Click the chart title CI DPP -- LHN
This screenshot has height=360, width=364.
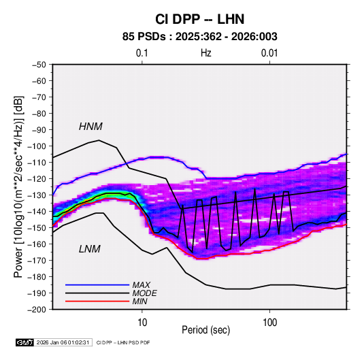tap(199, 19)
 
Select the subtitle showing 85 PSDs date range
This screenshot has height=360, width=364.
tap(199, 37)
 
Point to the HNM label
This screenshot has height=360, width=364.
tap(90, 127)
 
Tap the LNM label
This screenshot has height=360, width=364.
tap(90, 249)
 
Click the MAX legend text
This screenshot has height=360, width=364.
tap(141, 284)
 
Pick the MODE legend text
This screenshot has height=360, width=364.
tap(145, 293)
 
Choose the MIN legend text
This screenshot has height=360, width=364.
tap(139, 301)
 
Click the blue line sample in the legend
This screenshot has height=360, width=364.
tap(97, 284)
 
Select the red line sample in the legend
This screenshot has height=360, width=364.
tap(97, 301)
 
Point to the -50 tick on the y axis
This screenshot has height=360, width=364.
tap(39, 65)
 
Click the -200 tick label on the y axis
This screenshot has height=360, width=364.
tap(37, 310)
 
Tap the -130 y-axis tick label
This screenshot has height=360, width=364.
tap(37, 195)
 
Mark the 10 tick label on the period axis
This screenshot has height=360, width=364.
tap(142, 323)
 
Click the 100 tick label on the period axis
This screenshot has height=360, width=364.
tap(269, 323)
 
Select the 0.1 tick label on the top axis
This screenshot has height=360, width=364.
tap(142, 53)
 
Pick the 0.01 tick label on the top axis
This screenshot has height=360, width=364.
tap(269, 53)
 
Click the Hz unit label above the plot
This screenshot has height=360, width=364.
tap(206, 53)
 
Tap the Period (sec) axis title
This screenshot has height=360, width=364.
tap(205, 330)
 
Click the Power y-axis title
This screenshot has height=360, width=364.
tap(18, 187)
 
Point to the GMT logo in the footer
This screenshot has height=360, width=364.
tap(24, 342)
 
